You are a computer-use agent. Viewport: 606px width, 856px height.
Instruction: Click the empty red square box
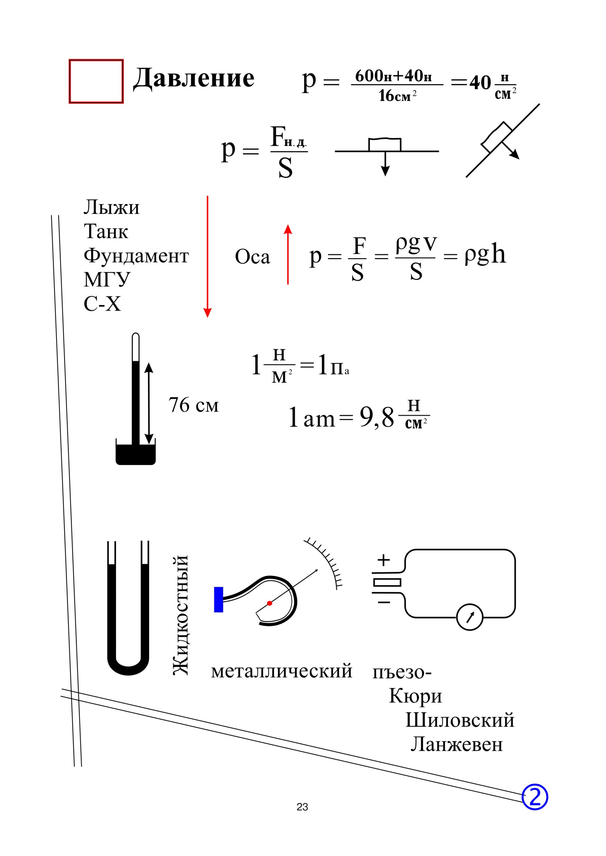(96, 81)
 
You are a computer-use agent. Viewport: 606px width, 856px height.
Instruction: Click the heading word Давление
(194, 78)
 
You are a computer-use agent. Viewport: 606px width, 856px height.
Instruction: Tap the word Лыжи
(111, 207)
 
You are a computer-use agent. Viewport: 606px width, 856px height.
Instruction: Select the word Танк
(106, 231)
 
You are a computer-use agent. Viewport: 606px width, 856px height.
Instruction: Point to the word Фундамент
(136, 256)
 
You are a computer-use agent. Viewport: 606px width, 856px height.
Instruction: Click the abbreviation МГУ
(107, 280)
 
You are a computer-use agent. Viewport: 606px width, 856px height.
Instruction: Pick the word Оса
(252, 257)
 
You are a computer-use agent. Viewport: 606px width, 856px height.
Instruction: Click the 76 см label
(193, 405)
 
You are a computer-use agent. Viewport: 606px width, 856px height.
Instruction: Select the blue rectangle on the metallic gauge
(218, 600)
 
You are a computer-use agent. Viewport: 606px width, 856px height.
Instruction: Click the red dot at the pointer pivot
(269, 603)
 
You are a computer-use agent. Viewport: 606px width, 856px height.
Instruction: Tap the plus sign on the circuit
(383, 560)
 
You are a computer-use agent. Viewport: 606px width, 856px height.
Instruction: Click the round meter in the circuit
(469, 617)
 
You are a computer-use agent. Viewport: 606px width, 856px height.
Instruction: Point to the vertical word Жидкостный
(181, 615)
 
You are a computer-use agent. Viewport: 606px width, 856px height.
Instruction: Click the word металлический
(282, 671)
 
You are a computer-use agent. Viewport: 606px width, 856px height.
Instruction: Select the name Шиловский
(460, 720)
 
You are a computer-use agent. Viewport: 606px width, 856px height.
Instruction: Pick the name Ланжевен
(457, 744)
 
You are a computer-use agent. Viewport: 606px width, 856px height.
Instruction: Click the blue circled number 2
(535, 797)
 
